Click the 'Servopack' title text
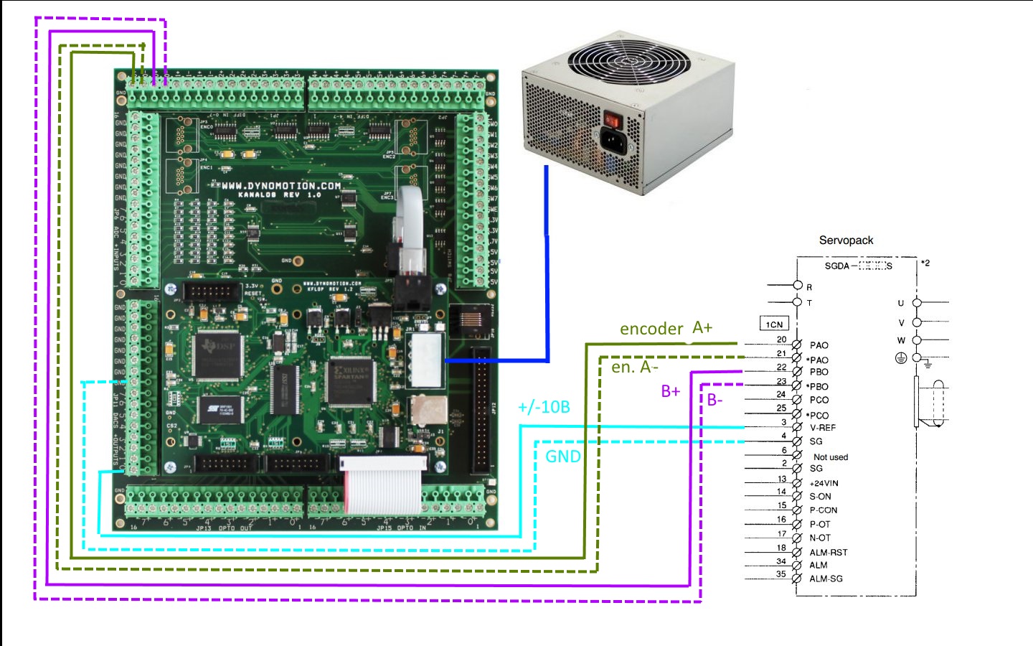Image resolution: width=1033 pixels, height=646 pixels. coord(846,240)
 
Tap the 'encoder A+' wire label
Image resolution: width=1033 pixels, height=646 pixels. coord(666,329)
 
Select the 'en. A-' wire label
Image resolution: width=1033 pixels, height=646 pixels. coord(634,367)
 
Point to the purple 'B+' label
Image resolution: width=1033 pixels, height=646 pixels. coord(671,391)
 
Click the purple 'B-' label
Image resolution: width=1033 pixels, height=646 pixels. coord(715,400)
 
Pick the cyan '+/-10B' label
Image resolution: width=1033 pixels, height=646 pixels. coord(544,407)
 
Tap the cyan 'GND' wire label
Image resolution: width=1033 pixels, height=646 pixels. coord(562,457)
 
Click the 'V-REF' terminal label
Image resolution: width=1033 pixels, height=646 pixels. coord(823,428)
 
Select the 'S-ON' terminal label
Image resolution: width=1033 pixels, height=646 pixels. coord(821,496)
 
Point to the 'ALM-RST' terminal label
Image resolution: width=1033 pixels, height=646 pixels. coord(829,553)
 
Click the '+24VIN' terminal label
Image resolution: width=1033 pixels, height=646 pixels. coord(824,483)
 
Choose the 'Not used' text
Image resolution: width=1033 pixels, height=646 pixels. coord(831,457)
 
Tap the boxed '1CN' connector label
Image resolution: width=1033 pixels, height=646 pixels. coord(774,324)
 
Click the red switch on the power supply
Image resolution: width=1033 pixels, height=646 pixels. coord(611,118)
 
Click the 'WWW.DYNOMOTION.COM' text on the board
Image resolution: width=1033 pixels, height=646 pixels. coord(280,186)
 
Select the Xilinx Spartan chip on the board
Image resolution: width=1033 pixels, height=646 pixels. coord(351,380)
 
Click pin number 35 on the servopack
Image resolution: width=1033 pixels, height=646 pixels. coord(780,574)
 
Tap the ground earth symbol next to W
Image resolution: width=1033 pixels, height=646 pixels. coord(901,357)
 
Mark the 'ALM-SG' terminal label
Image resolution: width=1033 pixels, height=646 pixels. coord(826,579)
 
